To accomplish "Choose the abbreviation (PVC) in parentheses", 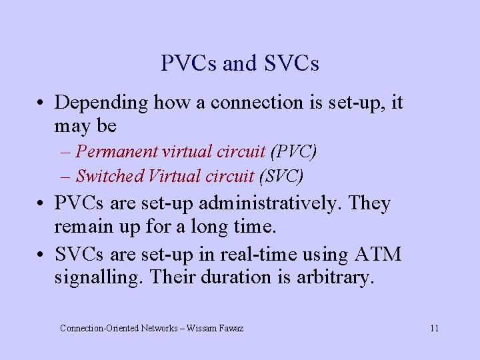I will coord(293,151).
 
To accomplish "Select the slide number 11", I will coord(434,328).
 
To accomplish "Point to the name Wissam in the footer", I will coord(203,328).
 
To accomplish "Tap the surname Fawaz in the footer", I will coord(231,328).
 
